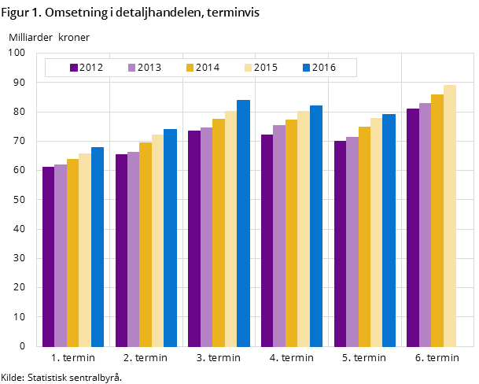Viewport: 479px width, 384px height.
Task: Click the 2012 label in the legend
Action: click(91, 68)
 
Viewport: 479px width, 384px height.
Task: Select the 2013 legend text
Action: click(149, 68)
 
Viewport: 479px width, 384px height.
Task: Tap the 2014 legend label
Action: click(208, 68)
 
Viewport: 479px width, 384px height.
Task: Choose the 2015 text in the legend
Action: click(266, 68)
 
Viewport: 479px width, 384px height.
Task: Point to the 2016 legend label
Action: click(324, 68)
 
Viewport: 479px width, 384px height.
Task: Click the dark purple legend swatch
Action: click(74, 68)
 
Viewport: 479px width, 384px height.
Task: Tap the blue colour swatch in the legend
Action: click(307, 68)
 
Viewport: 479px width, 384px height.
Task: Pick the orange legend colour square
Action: click(190, 68)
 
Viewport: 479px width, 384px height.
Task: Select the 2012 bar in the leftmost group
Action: click(48, 257)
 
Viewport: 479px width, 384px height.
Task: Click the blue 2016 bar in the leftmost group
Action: click(98, 246)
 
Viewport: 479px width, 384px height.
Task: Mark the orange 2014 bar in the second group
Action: click(146, 244)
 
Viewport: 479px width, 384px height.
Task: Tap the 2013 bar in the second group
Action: click(133, 249)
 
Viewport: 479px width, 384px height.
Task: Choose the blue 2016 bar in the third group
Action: click(243, 223)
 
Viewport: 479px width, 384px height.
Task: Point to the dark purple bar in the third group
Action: click(194, 238)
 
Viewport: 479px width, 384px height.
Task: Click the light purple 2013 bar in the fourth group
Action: click(279, 235)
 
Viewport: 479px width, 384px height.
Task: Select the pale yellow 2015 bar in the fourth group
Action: click(304, 228)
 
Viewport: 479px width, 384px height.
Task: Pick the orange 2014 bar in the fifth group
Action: click(364, 236)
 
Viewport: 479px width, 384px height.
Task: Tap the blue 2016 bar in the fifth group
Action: click(389, 230)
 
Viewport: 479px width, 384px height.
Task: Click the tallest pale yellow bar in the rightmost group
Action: click(450, 216)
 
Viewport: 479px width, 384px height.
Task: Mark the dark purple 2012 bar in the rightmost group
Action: click(413, 227)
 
